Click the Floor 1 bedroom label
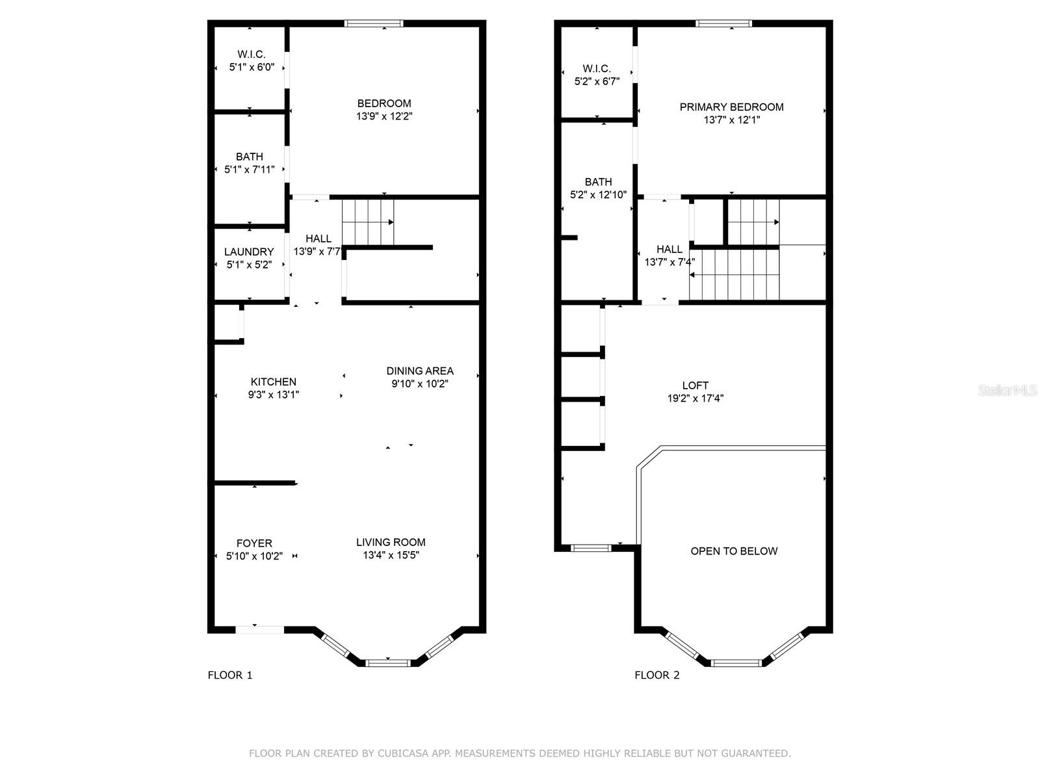click(383, 103)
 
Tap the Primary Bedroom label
click(731, 107)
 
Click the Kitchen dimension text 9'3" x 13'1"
click(273, 395)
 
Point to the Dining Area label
click(420, 371)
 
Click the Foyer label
click(254, 543)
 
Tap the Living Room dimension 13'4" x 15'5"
click(391, 555)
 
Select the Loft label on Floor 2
click(695, 385)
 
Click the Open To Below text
click(734, 551)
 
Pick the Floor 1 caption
click(229, 675)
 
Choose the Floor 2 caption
click(656, 675)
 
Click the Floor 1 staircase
click(368, 222)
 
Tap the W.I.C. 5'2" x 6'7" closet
click(596, 75)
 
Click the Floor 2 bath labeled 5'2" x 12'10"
click(597, 188)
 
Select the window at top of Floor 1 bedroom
click(374, 24)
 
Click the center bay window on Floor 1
click(388, 663)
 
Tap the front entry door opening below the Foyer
click(259, 629)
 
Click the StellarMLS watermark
click(1007, 390)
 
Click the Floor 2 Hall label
click(669, 250)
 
